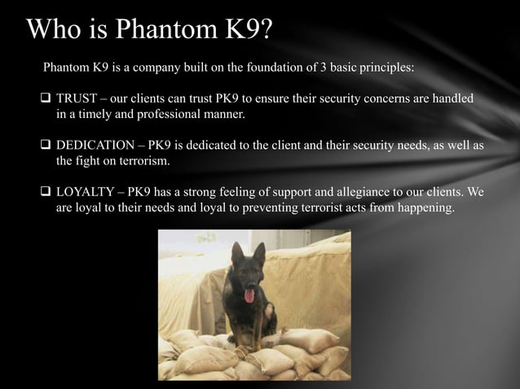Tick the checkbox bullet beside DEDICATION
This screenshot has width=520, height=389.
pos(46,146)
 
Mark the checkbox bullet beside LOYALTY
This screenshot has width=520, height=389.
pos(46,194)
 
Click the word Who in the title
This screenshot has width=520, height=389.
pos(54,30)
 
